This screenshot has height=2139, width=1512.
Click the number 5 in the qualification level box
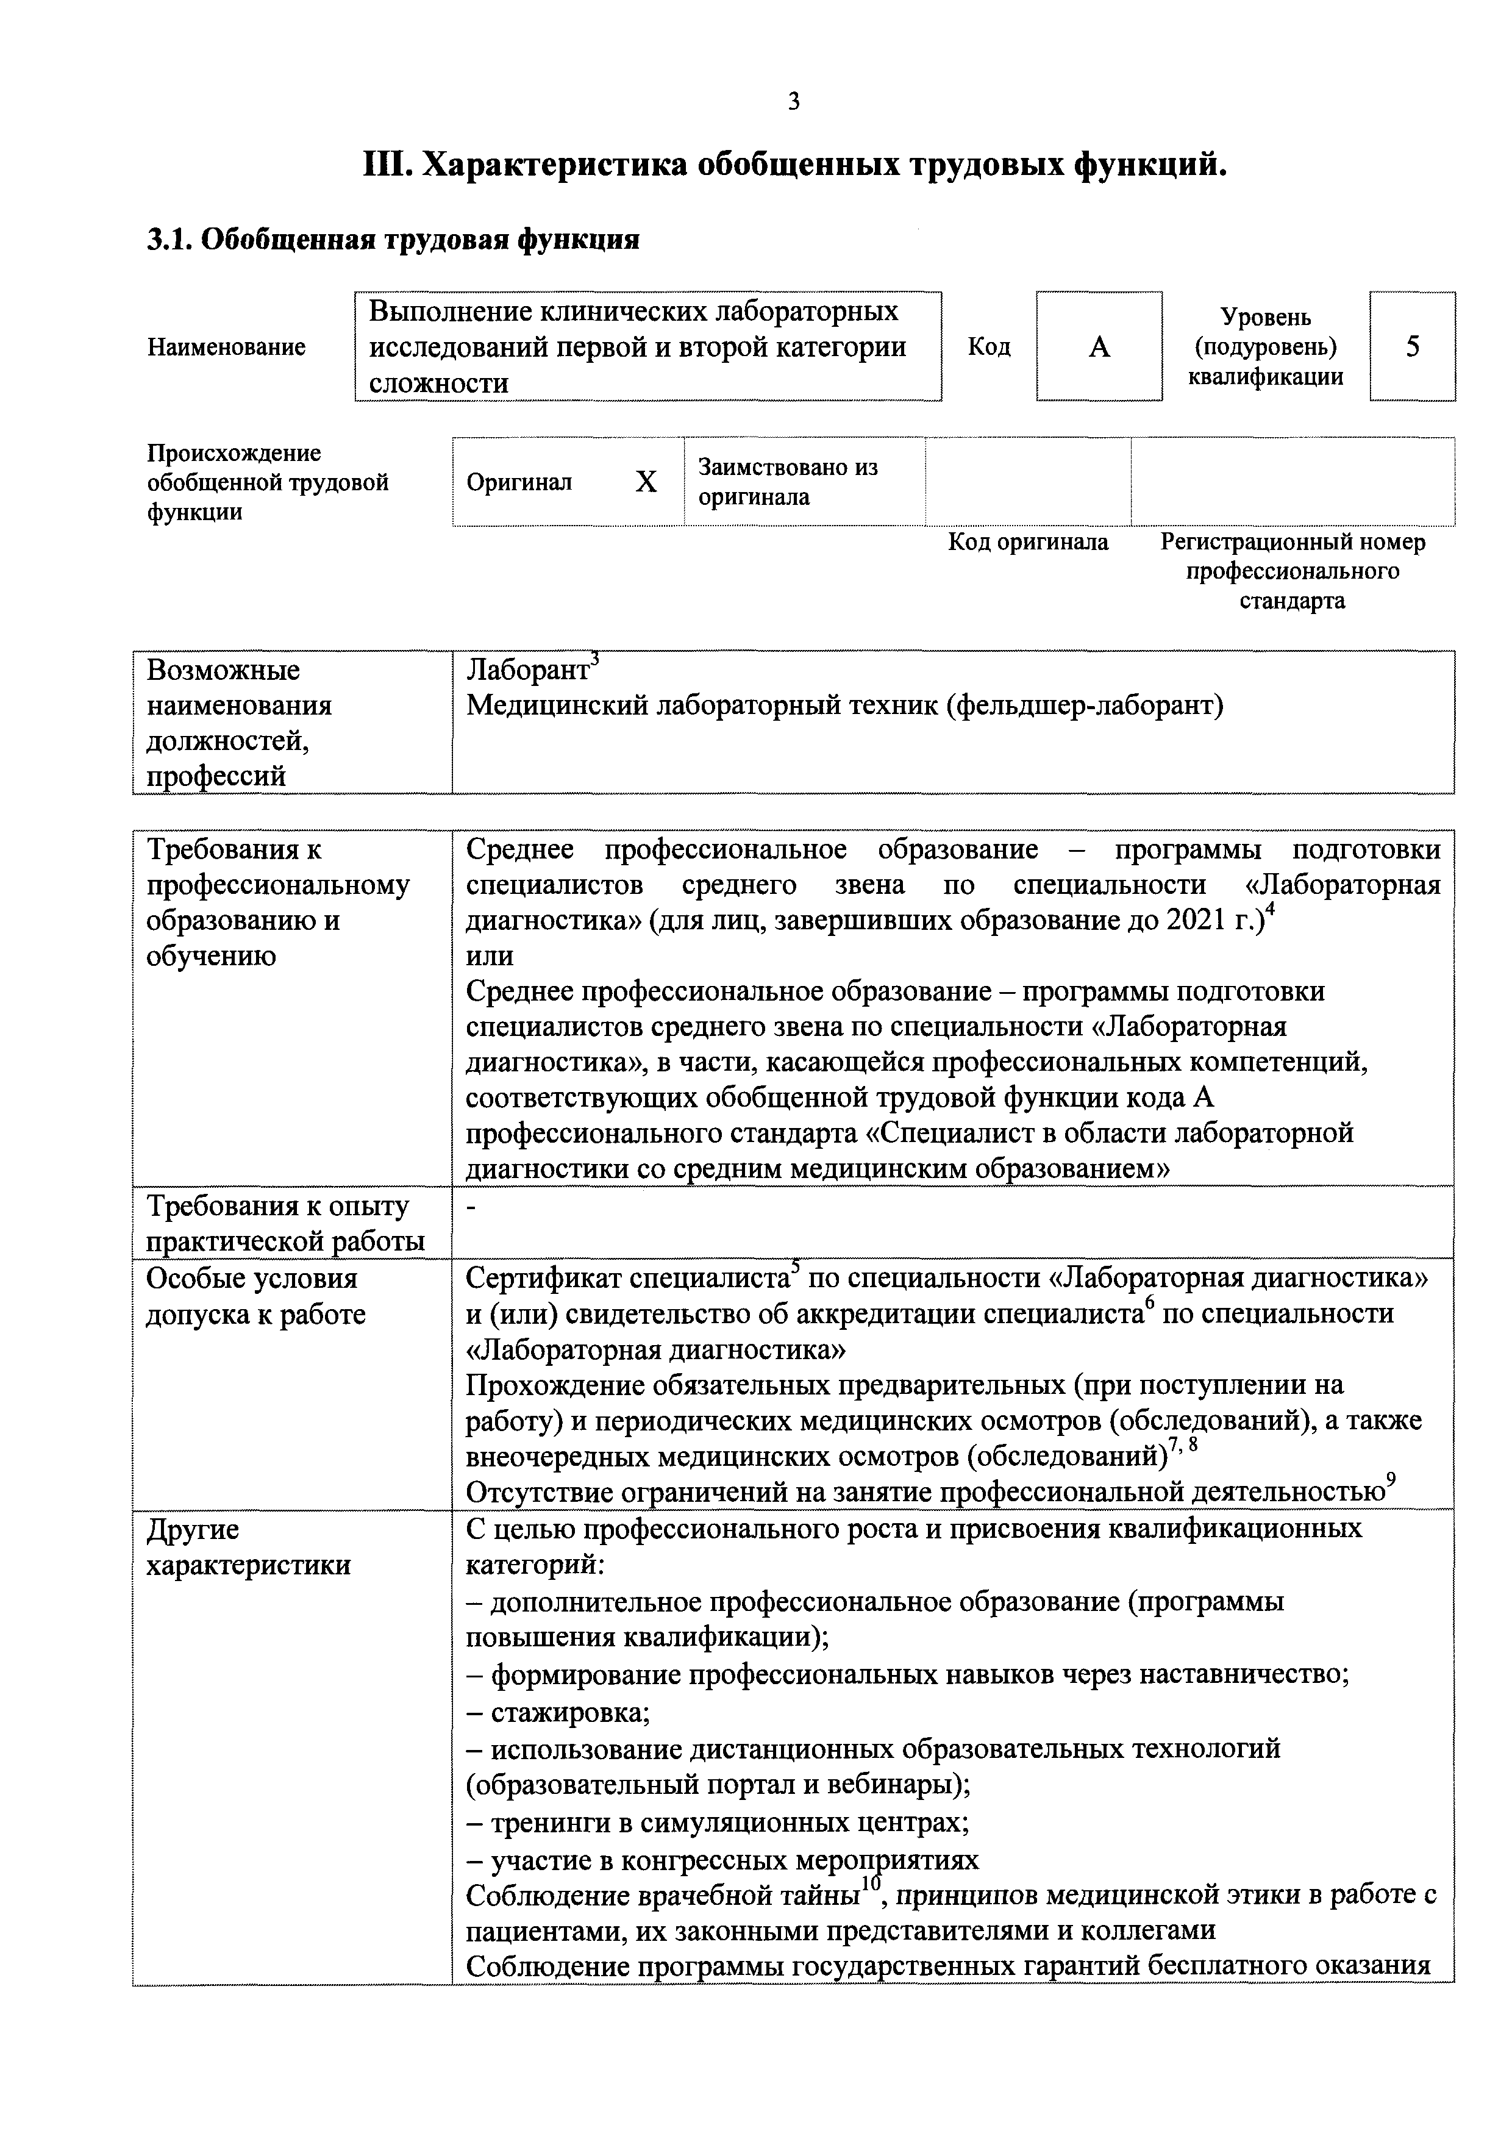pyautogui.click(x=1413, y=346)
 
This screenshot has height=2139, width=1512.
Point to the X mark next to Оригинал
pyautogui.click(x=646, y=482)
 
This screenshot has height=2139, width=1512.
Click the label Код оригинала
pyautogui.click(x=1027, y=542)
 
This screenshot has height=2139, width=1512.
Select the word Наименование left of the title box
pyautogui.click(x=226, y=348)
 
